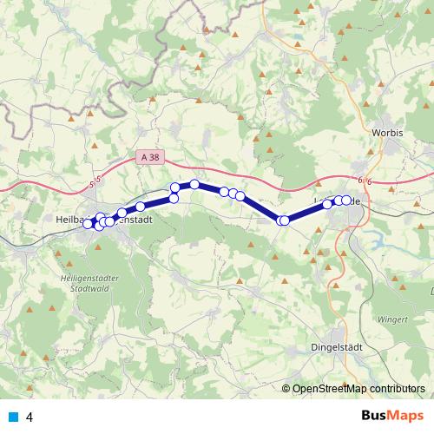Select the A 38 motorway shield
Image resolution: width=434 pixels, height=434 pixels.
coord(148,157)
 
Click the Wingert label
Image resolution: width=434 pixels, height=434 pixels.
coord(393,319)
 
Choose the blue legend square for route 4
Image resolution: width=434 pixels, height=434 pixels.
coord(12,417)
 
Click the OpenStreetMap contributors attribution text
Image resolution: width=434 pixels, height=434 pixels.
coord(358,389)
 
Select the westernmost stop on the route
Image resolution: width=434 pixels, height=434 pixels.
coord(88,224)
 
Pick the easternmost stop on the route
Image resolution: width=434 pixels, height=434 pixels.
coord(346,201)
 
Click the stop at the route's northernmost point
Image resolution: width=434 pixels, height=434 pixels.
coord(195,184)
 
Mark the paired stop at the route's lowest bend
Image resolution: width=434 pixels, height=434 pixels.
coord(283,220)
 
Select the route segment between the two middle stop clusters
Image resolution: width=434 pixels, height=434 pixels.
coord(260,207)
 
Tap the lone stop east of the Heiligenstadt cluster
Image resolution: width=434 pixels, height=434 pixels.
coord(140,207)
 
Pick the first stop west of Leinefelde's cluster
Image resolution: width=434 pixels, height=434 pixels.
coord(328,204)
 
